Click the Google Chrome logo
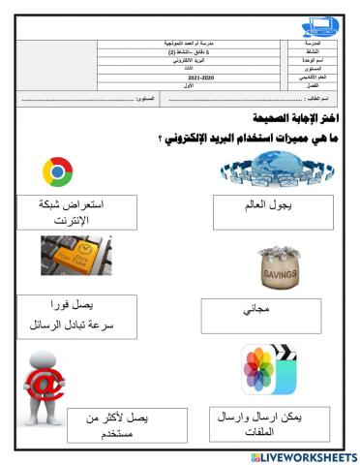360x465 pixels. coord(58,172)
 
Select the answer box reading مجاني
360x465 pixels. coord(260,316)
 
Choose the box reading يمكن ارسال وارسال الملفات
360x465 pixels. coord(269,423)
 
